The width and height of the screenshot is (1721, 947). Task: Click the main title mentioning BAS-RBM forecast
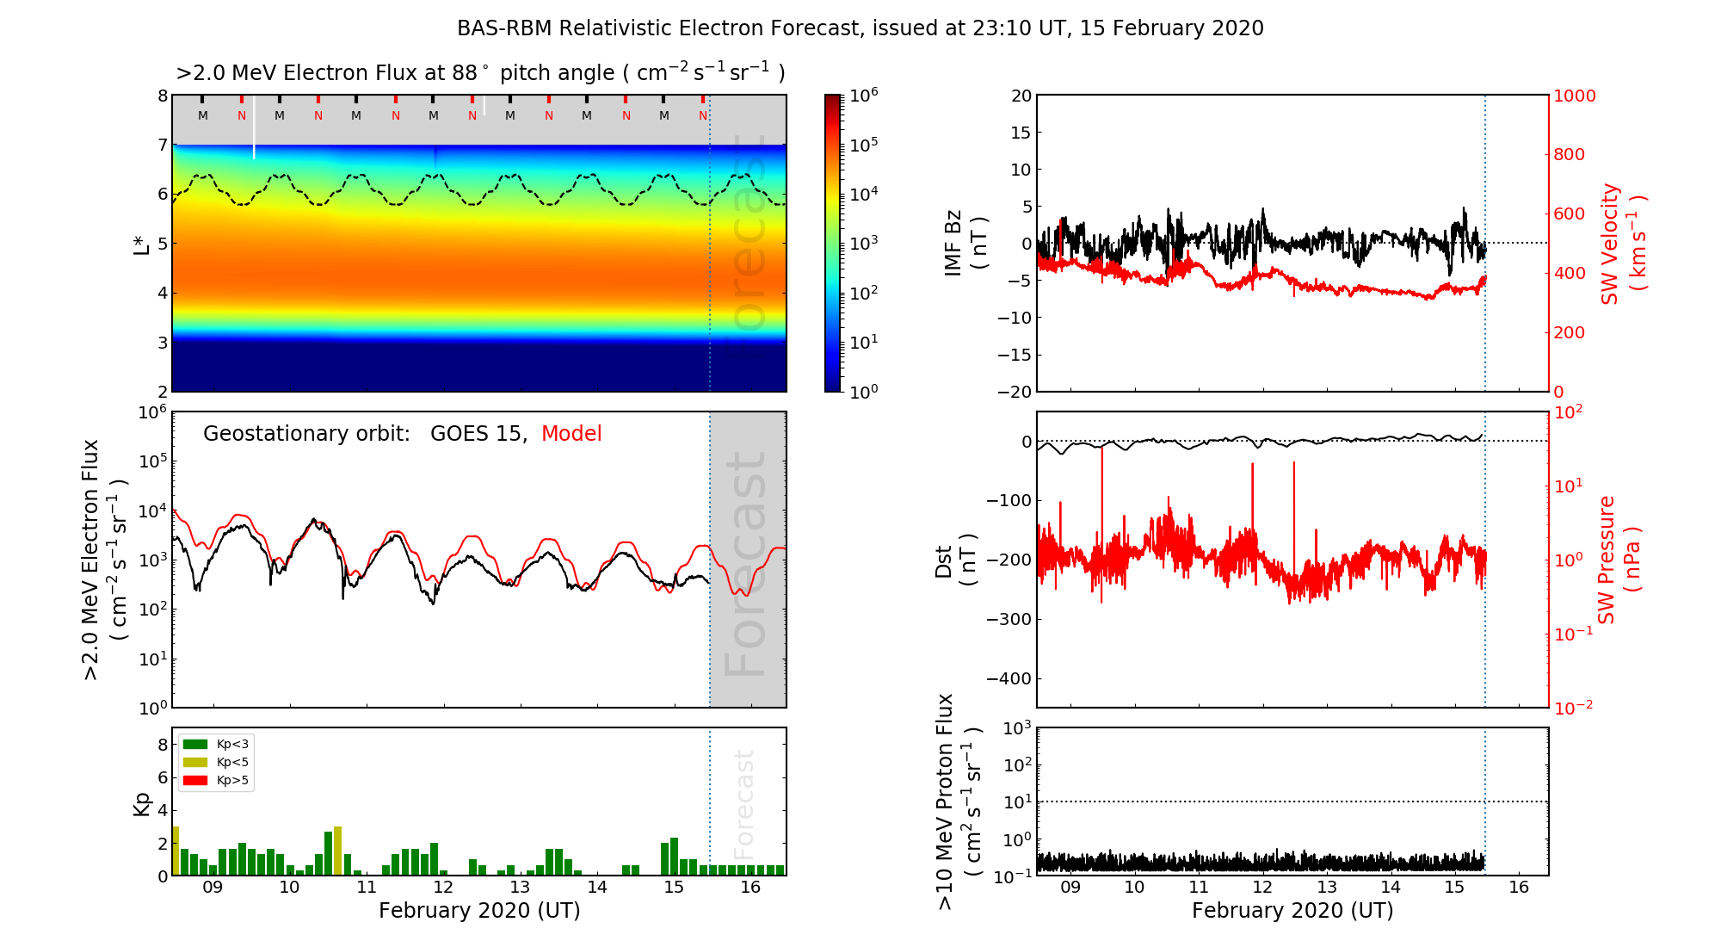[860, 28]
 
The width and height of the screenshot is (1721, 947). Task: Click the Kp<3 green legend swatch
[195, 744]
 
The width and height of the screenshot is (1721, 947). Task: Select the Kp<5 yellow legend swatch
[195, 762]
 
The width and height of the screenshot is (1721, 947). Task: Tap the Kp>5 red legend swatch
[195, 781]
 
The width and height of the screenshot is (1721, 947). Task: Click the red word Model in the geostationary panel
[571, 434]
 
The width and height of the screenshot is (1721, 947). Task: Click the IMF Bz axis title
[965, 244]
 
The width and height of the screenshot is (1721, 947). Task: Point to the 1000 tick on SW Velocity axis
[1574, 96]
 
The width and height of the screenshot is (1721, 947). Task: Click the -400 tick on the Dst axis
[1008, 678]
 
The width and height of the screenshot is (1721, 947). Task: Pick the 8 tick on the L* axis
[163, 96]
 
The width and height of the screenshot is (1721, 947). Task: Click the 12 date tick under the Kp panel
[443, 888]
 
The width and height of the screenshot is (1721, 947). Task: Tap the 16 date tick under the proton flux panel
[1519, 888]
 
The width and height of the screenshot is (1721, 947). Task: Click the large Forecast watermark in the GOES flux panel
[746, 564]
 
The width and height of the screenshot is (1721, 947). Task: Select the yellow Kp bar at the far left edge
[176, 851]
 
